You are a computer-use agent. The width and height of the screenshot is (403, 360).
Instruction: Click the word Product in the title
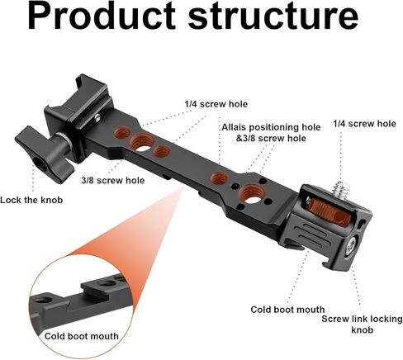[102, 16]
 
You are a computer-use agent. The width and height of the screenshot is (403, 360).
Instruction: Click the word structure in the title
[273, 16]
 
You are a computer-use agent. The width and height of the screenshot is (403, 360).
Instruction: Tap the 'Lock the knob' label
[31, 200]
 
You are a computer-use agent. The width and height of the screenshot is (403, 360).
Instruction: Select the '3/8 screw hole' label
[113, 180]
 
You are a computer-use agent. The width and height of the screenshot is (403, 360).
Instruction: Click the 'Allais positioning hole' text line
[271, 127]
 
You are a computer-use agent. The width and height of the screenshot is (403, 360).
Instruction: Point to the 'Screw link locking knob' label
[362, 324]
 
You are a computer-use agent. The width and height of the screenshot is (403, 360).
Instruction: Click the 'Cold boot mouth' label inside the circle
[82, 336]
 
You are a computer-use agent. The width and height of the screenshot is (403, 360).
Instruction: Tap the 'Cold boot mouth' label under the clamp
[287, 310]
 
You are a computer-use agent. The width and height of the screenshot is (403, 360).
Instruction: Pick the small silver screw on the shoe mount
[97, 118]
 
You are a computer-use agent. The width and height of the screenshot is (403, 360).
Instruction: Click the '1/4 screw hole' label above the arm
[216, 104]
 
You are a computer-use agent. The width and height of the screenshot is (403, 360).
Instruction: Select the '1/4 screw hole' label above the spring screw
[364, 124]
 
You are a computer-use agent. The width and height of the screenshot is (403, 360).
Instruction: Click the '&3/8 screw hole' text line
[271, 138]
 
